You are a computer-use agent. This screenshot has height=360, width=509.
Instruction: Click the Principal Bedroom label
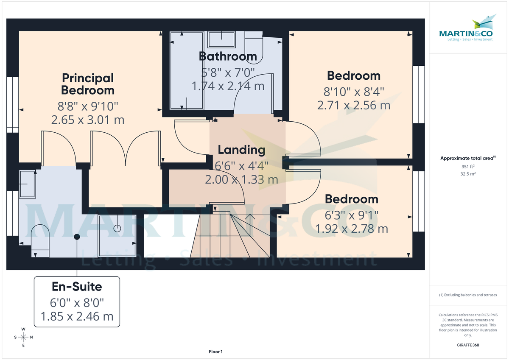point(88,84)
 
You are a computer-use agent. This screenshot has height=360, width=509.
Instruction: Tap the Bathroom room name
point(228,56)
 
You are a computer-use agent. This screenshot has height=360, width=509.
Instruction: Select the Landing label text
point(241,150)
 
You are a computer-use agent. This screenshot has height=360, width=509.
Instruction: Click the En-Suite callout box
point(77,301)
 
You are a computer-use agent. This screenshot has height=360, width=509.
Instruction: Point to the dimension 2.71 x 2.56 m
point(353,105)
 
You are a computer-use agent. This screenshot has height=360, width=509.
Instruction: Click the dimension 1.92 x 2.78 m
point(351,229)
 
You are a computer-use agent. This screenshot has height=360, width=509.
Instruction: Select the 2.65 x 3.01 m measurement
point(88,120)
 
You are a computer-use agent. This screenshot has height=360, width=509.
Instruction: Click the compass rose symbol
point(23,337)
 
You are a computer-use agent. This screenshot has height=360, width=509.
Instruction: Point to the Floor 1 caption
point(215,352)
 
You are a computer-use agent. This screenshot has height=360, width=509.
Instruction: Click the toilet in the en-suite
point(41,240)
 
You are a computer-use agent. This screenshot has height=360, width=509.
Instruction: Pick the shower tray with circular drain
point(117,236)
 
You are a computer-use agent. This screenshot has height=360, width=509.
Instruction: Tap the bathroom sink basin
point(221,40)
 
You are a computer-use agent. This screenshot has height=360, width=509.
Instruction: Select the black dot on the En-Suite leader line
point(77,237)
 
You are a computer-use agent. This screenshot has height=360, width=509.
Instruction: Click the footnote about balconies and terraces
point(467,295)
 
